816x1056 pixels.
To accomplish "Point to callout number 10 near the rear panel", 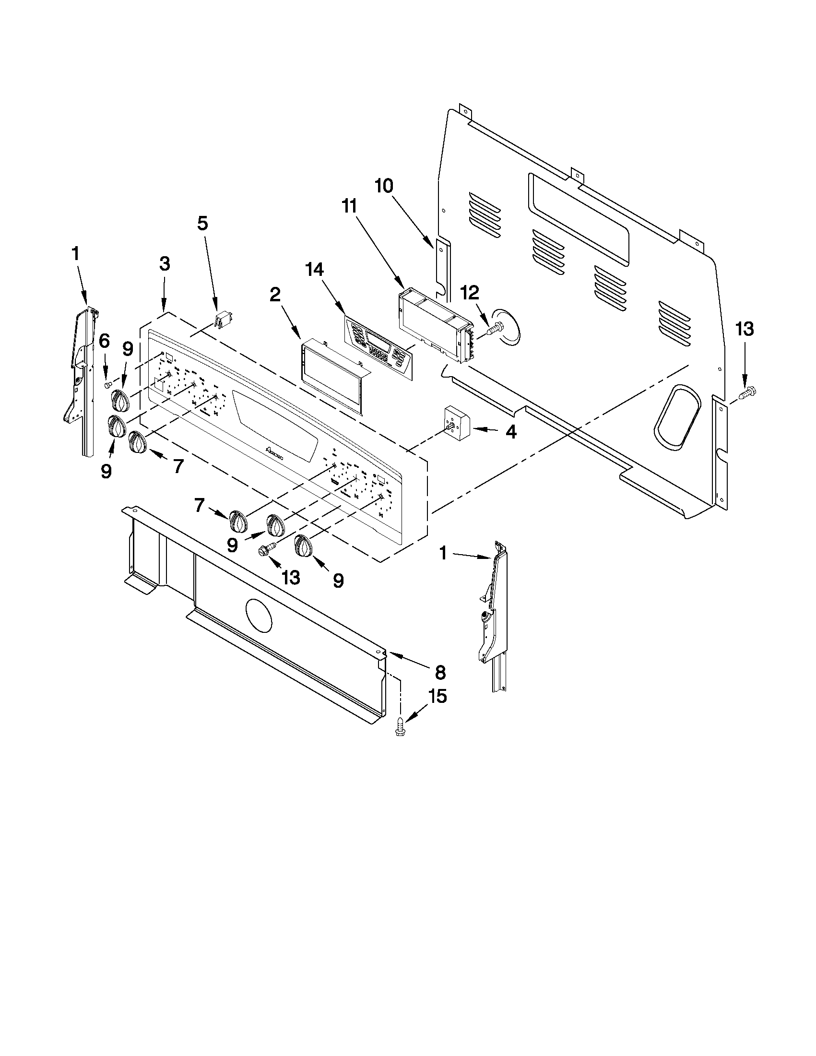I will pos(384,186).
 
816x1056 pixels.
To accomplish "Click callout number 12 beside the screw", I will pos(470,292).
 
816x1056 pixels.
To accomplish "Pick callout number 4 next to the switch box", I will pos(510,432).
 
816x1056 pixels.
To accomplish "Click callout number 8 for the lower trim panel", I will pos(440,672).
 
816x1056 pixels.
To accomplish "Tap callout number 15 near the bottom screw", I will pos(436,696).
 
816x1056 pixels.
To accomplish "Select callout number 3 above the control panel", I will pos(165,264).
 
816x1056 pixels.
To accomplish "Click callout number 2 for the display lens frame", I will pos(274,295).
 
